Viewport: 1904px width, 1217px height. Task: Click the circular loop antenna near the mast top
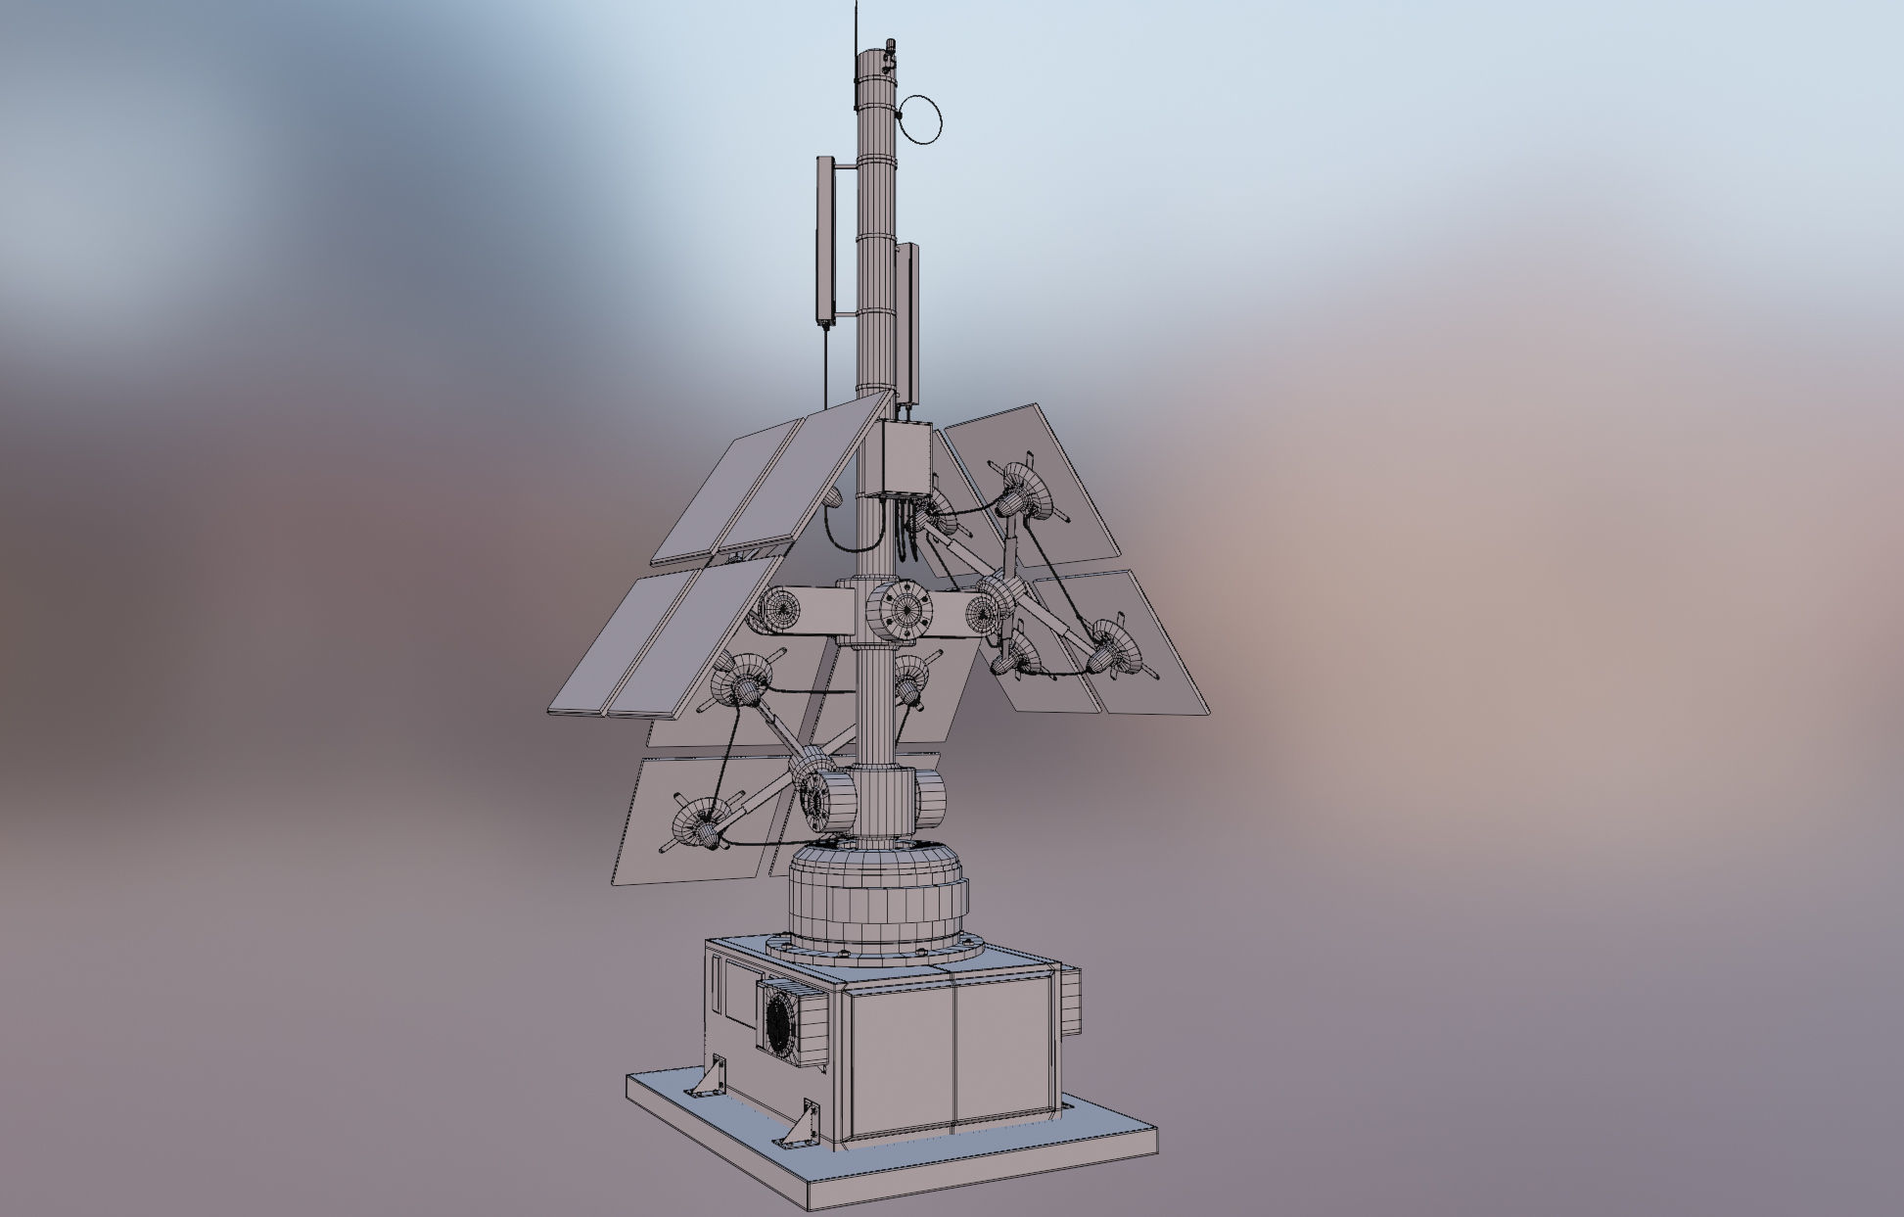pos(922,118)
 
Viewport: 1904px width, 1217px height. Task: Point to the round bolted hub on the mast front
pos(902,611)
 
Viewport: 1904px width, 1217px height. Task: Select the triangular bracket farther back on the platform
pos(711,1078)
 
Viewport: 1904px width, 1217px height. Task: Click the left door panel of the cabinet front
pos(902,1058)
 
